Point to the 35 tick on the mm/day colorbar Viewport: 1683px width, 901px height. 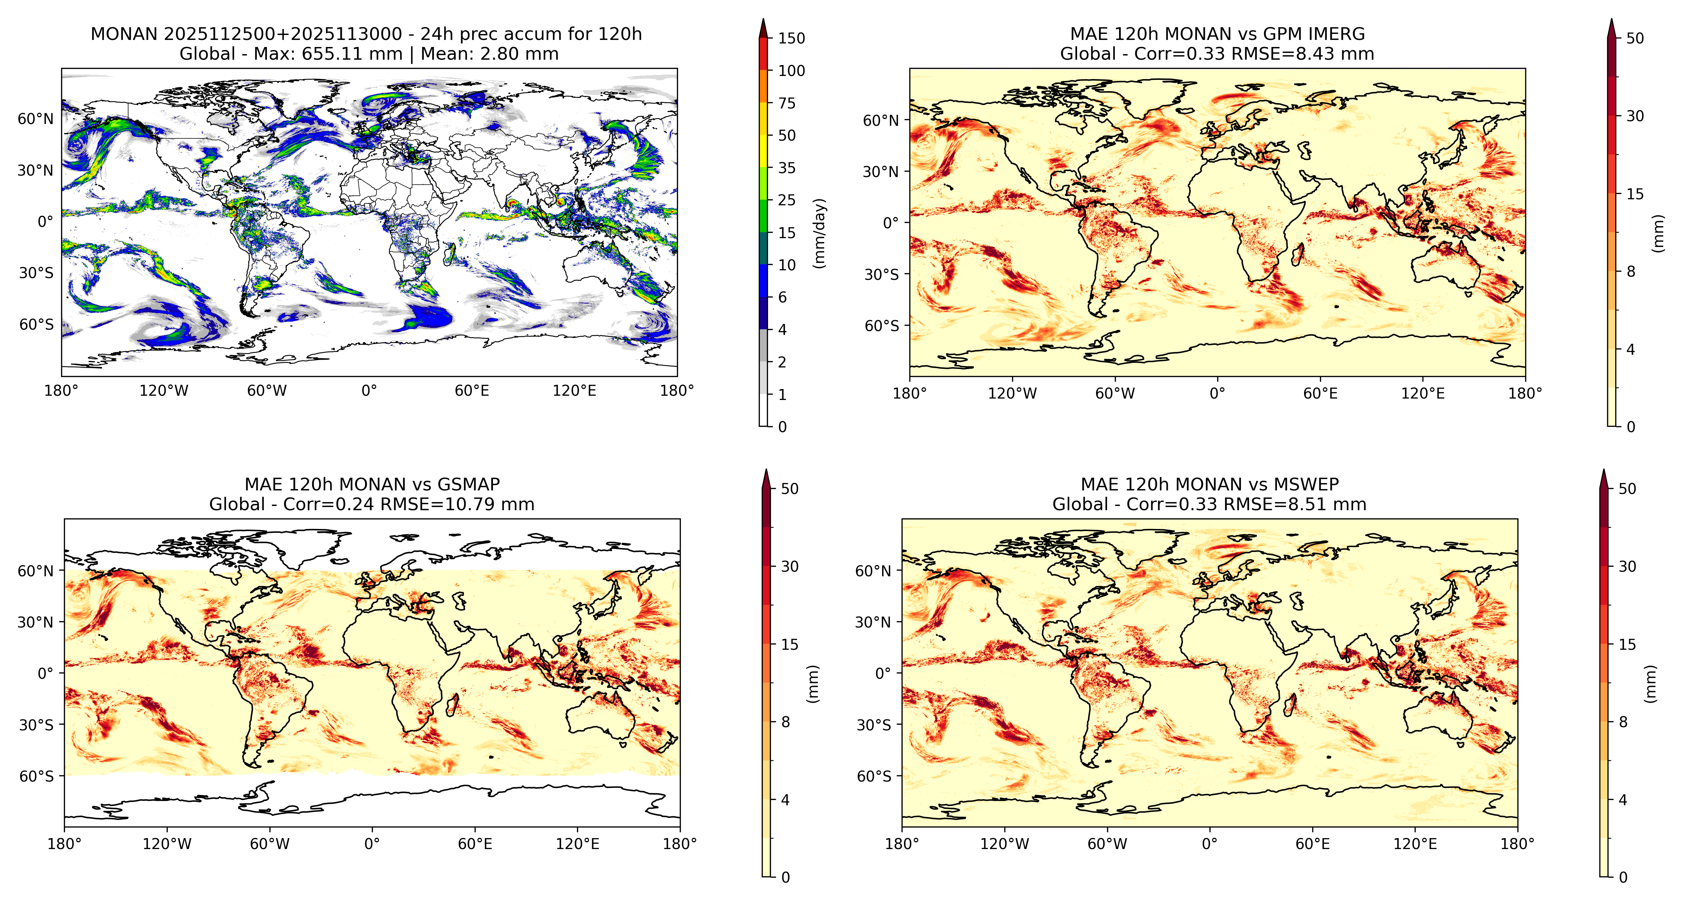787,168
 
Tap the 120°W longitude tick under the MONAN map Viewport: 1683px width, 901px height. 164,391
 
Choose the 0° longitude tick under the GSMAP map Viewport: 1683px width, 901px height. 372,843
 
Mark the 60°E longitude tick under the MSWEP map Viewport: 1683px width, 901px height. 1313,843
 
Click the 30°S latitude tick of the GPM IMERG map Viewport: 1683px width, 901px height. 882,275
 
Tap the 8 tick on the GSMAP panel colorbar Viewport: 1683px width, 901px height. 785,722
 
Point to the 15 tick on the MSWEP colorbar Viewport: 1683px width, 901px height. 1627,644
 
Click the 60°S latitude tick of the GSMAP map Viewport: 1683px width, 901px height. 37,776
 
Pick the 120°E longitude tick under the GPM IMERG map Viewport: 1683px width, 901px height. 1423,394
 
